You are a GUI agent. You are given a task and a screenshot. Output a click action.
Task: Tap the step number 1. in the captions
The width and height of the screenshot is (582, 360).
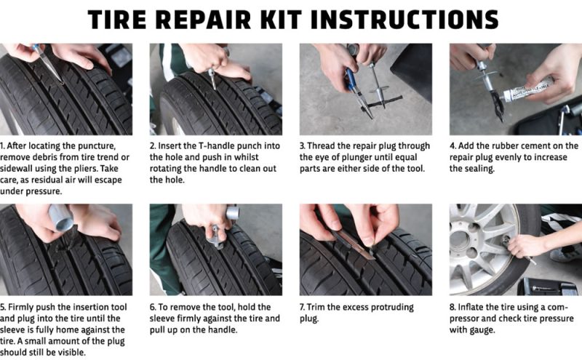click(4, 146)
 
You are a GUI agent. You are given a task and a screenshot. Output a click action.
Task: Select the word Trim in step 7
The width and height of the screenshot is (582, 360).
click(318, 308)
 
